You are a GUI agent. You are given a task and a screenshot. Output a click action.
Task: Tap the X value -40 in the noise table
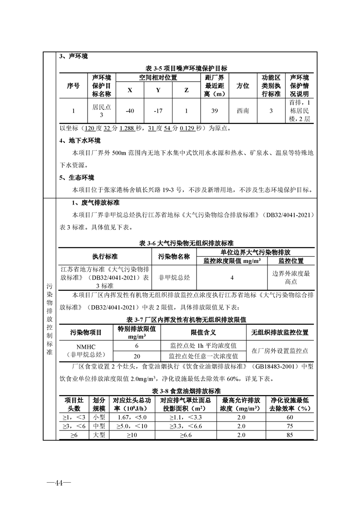[x=130, y=111]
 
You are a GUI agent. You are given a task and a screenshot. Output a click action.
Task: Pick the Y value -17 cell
[x=158, y=111]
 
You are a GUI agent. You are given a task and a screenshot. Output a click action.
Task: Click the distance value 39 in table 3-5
[x=215, y=111]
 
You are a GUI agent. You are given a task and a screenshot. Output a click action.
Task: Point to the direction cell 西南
[x=243, y=111]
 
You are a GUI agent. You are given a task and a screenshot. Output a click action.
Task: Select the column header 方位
[x=243, y=86]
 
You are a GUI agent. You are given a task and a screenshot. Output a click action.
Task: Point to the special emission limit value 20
[x=137, y=356]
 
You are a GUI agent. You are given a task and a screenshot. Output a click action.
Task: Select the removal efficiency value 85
[x=290, y=435]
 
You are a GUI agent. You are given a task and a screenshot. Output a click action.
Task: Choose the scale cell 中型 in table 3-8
[x=99, y=426]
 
